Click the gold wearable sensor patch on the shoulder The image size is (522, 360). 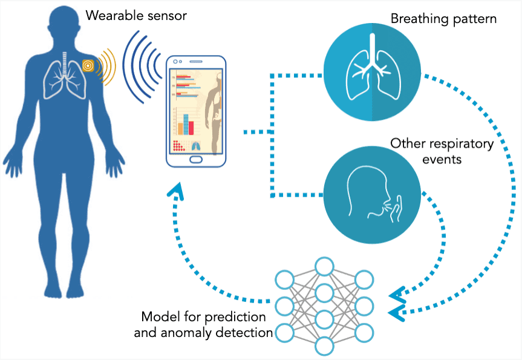click(88, 65)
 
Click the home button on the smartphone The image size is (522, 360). click(196, 159)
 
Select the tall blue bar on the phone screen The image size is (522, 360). click(186, 125)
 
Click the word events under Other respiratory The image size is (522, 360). click(442, 160)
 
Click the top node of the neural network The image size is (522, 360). click(324, 266)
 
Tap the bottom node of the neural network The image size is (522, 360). click(324, 346)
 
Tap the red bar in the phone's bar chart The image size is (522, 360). click(191, 128)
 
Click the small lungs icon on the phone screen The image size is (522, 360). click(197, 146)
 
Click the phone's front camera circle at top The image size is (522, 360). click(175, 62)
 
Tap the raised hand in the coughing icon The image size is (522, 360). click(396, 209)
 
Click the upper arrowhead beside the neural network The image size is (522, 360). click(397, 295)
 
